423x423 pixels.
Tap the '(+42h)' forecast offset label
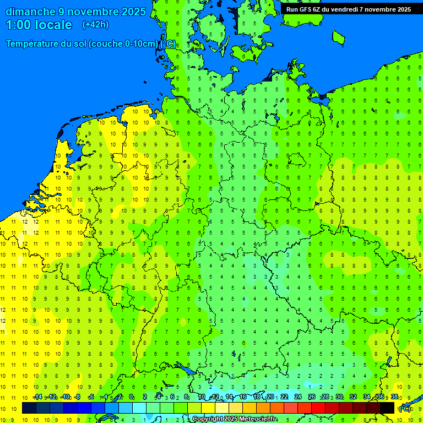point(95,25)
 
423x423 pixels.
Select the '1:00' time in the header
point(18,25)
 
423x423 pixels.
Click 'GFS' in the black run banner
point(307,9)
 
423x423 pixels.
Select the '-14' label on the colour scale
point(37,397)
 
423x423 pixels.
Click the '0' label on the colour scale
point(131,397)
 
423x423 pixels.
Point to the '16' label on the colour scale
point(243,397)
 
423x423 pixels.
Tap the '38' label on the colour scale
point(394,397)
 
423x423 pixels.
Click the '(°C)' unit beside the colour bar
point(405,409)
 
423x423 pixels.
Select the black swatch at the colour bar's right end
point(387,408)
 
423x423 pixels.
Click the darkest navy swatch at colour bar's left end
point(29,408)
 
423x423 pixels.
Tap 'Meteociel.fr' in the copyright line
point(258,419)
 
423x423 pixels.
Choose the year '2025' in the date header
point(133,12)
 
